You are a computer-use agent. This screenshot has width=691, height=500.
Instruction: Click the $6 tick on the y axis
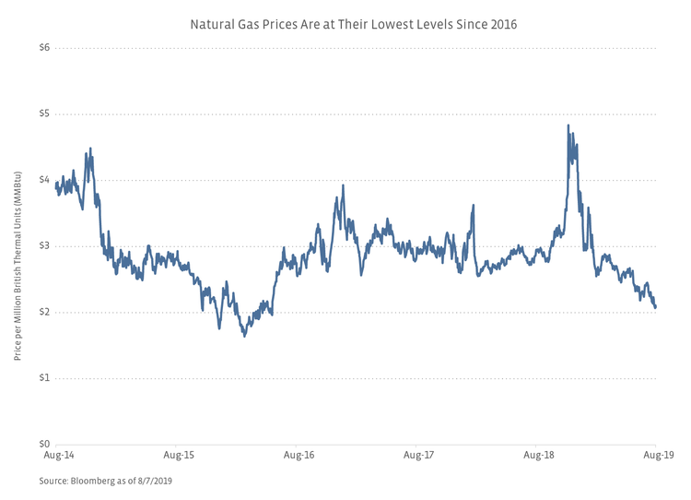click(x=43, y=47)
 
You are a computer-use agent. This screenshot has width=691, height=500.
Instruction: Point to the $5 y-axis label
click(x=43, y=113)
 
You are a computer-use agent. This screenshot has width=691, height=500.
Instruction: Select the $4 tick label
click(x=43, y=180)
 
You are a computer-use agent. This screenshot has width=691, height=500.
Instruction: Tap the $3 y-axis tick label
click(x=43, y=246)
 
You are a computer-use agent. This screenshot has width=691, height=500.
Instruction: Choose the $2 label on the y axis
click(x=43, y=312)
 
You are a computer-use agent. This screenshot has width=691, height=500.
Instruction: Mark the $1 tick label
click(x=43, y=378)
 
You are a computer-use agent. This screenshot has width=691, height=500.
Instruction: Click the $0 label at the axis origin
click(x=43, y=445)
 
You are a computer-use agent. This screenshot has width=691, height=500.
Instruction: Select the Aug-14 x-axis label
click(x=57, y=456)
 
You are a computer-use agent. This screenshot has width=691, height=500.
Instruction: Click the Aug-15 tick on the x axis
click(x=178, y=456)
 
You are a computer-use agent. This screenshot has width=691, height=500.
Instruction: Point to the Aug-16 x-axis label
click(x=299, y=456)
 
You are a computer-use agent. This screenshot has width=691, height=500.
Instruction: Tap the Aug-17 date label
click(x=418, y=456)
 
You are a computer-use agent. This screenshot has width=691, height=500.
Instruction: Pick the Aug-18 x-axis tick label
click(x=538, y=456)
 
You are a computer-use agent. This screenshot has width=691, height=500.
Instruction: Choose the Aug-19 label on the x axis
click(x=655, y=456)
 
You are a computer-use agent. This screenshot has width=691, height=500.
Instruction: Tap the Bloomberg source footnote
click(x=106, y=481)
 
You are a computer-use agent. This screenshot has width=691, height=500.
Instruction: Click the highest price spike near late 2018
click(x=568, y=125)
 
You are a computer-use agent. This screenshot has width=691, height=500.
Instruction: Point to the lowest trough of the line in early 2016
click(x=244, y=336)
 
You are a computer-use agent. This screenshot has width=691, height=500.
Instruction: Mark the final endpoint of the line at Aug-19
click(x=655, y=307)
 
